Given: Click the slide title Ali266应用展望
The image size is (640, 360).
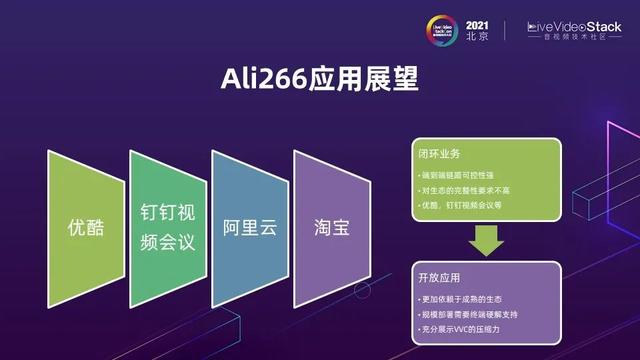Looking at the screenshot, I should click(319, 79).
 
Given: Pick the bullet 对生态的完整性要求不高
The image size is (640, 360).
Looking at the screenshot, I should click(467, 191).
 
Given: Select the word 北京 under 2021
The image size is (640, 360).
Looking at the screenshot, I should click(478, 36).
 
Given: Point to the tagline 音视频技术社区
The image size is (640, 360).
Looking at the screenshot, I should click(581, 38).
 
